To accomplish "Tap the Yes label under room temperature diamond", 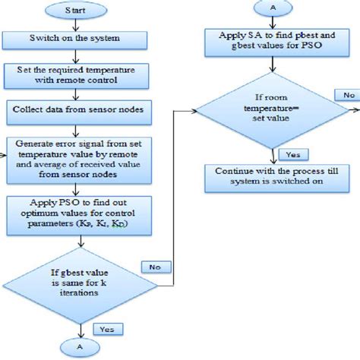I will tap(289, 154).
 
